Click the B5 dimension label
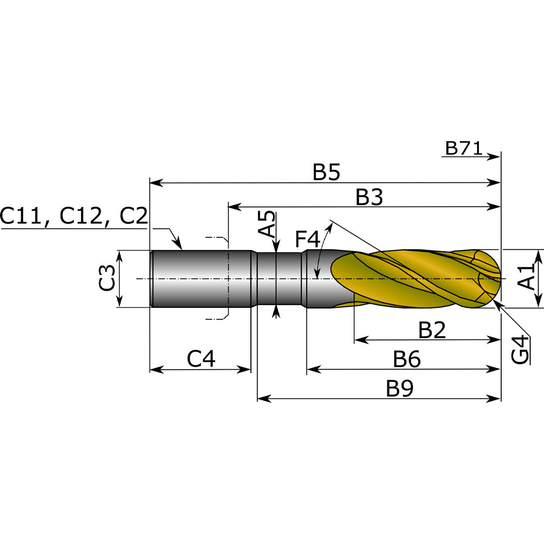click(326, 172)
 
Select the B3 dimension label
click(369, 197)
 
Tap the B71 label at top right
click(463, 149)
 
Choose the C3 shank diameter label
click(107, 278)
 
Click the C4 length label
click(201, 359)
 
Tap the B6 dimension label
click(406, 360)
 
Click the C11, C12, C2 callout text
click(74, 216)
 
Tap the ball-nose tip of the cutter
click(496, 278)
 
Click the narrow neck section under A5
click(280, 278)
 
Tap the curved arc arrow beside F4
click(322, 247)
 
